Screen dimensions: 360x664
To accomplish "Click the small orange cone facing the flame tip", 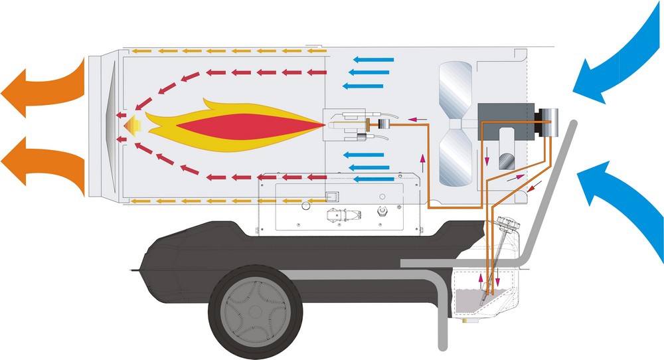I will pos(131,124).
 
